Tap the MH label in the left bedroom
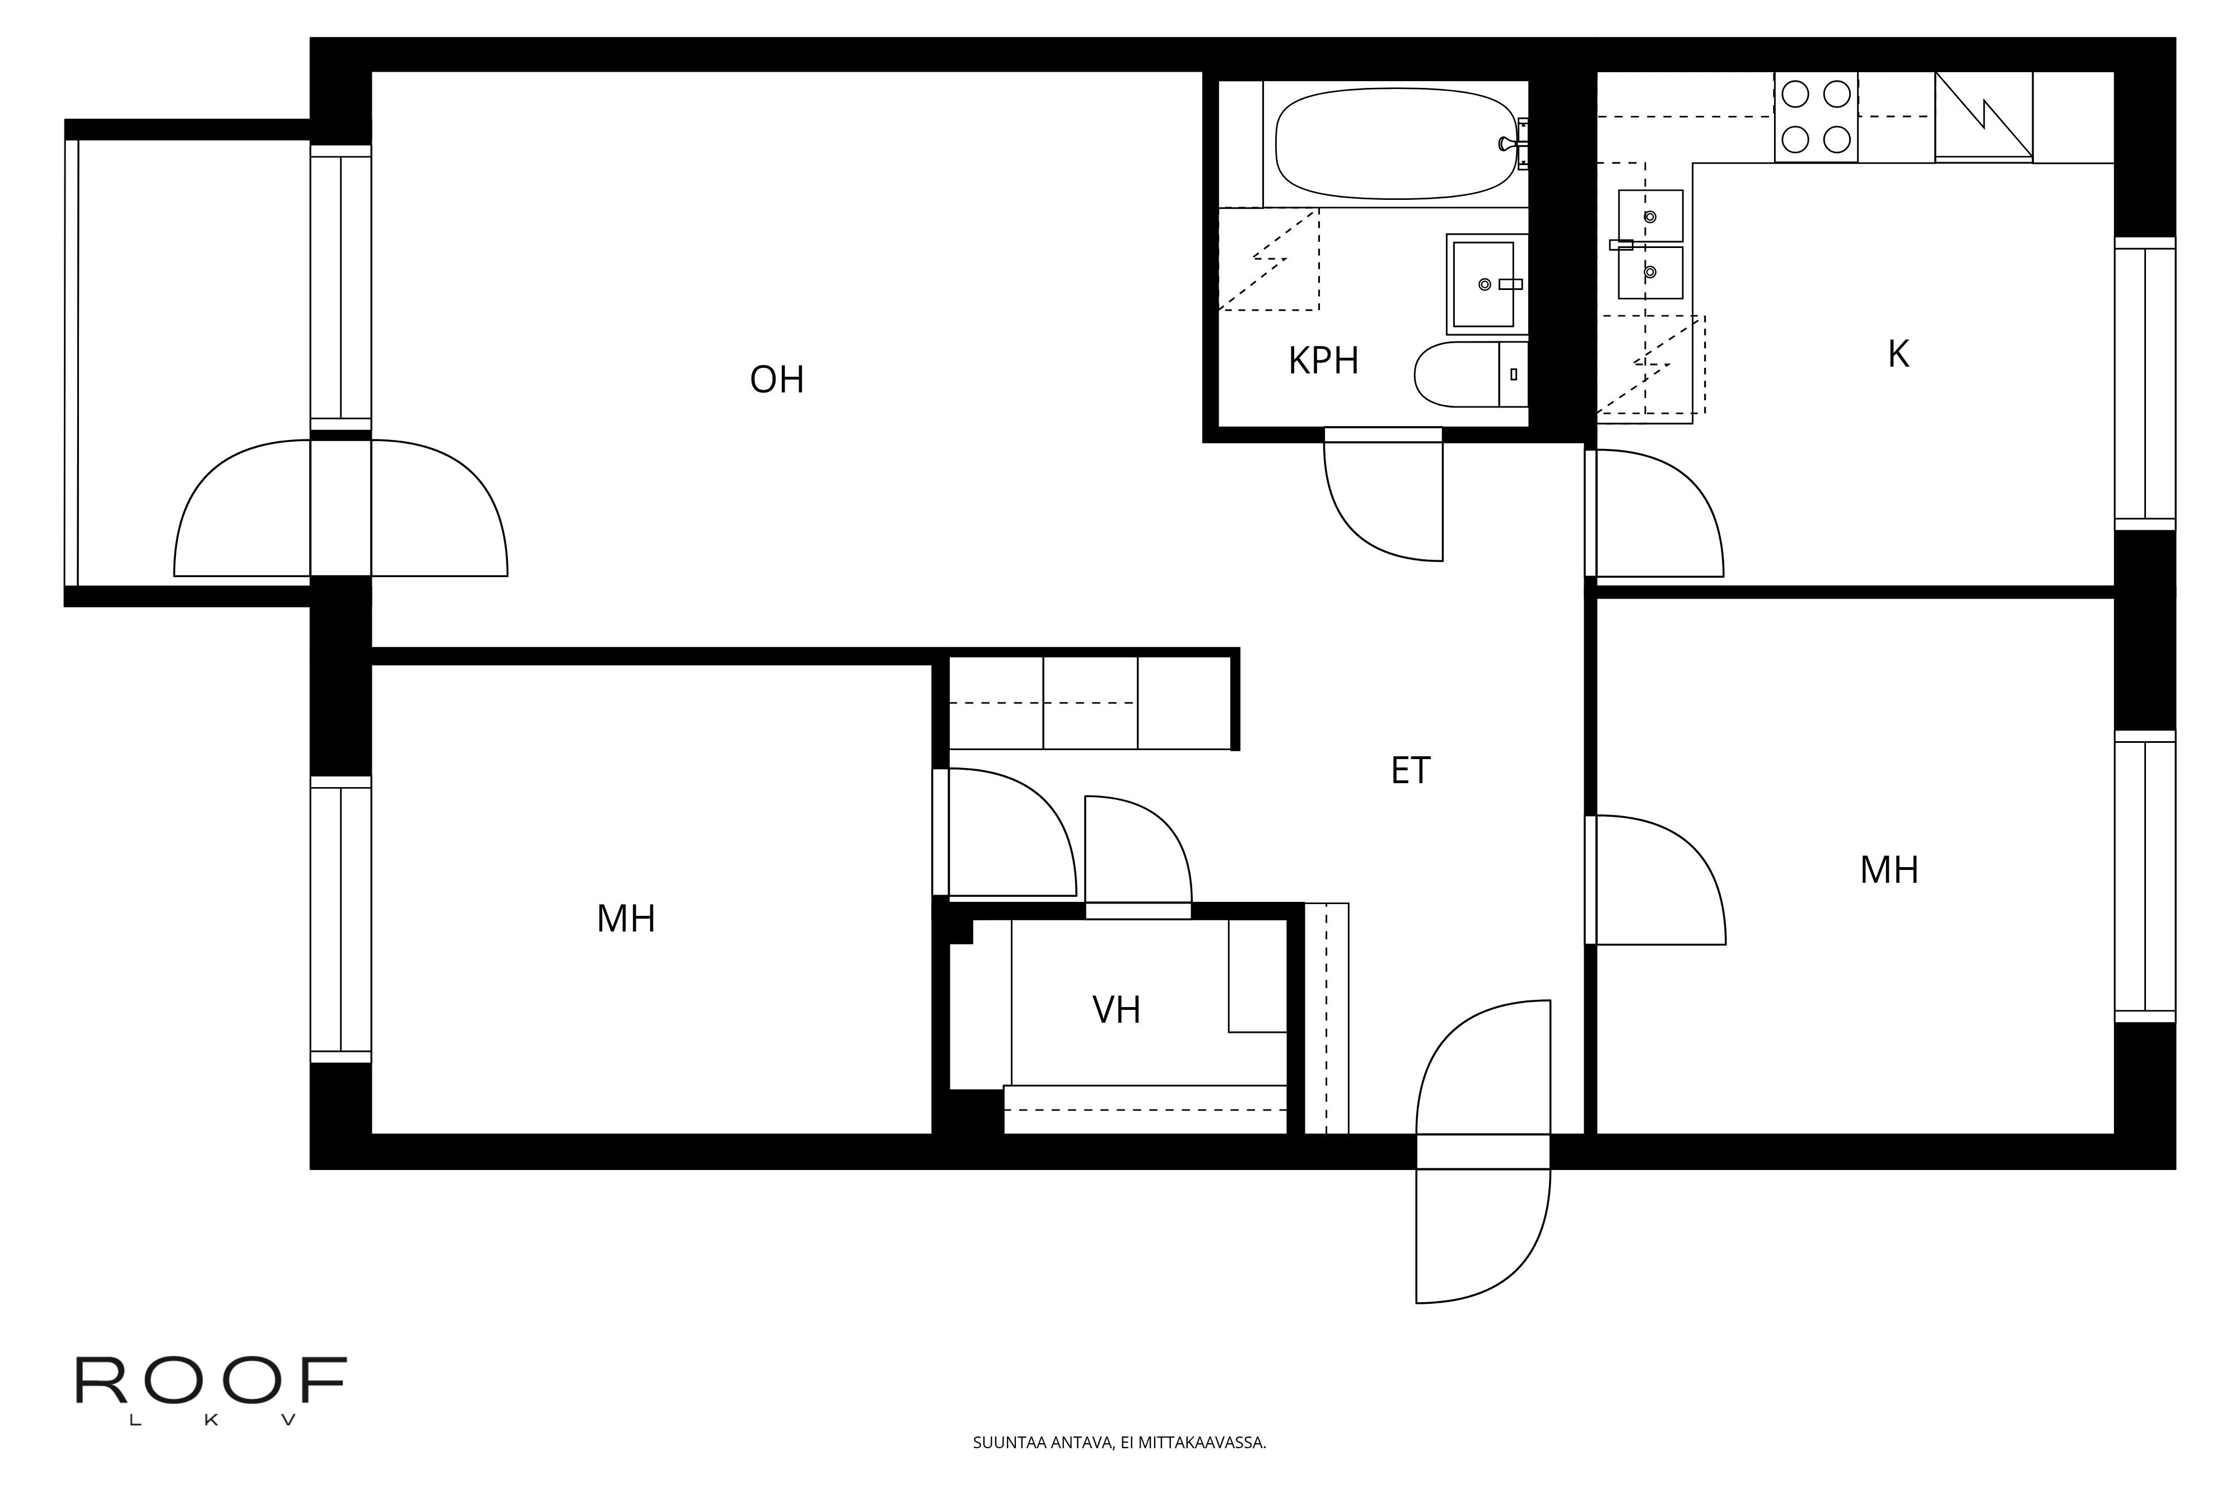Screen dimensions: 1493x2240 (x=626, y=919)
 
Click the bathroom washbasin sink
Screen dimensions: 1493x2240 (x=1483, y=284)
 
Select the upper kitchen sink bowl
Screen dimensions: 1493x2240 (x=1650, y=216)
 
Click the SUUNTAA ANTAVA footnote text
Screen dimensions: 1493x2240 (x=1119, y=1443)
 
